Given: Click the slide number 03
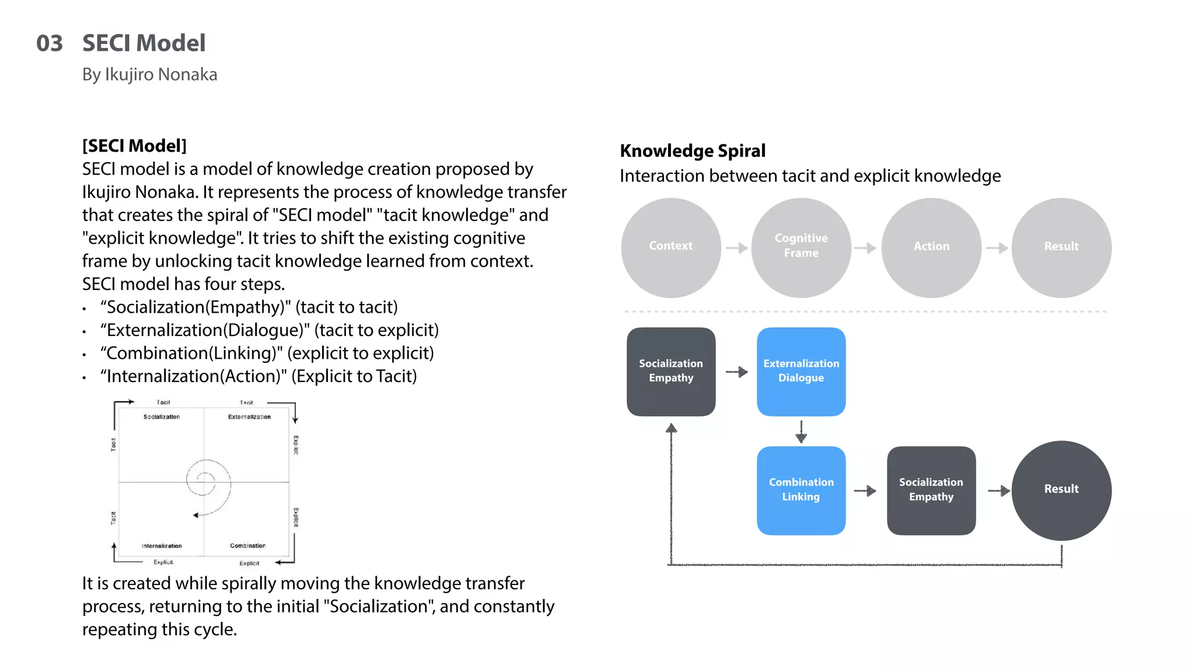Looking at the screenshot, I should coord(49,44).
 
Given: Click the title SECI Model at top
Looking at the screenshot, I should coord(144,43).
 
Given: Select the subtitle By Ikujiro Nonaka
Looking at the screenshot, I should coord(149,75).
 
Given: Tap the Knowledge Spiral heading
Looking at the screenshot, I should coord(692,151).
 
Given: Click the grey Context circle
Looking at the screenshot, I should coord(671,247).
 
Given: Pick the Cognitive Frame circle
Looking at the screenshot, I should coord(801,247).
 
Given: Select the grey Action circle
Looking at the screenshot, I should coord(931,247).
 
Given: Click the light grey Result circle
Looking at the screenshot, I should coord(1061,247).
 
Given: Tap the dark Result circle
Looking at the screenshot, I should coord(1061,490).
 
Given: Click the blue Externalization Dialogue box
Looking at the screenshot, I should coord(801,372).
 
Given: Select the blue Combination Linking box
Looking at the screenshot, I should coord(801,490).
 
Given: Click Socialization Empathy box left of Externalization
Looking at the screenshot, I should coord(671,372).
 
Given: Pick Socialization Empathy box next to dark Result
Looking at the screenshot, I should coord(931,490).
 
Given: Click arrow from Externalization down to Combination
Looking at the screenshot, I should coord(801,432).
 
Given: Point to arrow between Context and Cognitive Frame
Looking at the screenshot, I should coord(737,248).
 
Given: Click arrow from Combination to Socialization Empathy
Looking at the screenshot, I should coord(865,491).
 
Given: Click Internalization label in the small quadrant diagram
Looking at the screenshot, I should coord(162,546).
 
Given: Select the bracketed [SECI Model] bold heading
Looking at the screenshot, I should coord(134,146).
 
